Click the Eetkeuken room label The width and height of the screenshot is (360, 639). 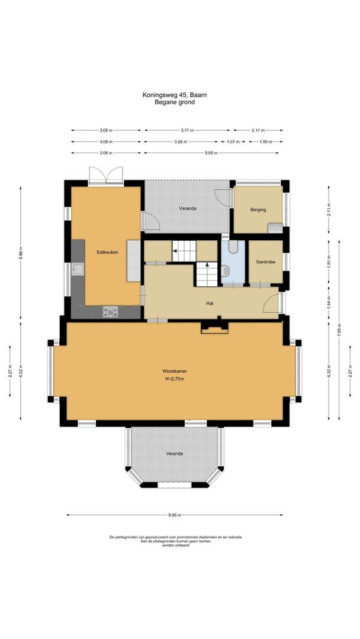point(108,253)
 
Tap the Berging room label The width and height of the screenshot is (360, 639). point(258,209)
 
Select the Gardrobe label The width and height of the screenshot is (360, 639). point(265,262)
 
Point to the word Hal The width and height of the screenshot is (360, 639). point(209,304)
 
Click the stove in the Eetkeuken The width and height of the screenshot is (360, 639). point(111,311)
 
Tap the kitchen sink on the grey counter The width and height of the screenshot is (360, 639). point(78,269)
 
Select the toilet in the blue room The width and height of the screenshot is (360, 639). point(227,271)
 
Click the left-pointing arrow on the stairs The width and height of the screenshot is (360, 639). point(176,251)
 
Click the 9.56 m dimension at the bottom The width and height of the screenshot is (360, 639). point(174,515)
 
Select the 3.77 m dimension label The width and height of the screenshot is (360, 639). point(187,130)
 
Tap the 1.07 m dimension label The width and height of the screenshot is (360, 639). point(233,142)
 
